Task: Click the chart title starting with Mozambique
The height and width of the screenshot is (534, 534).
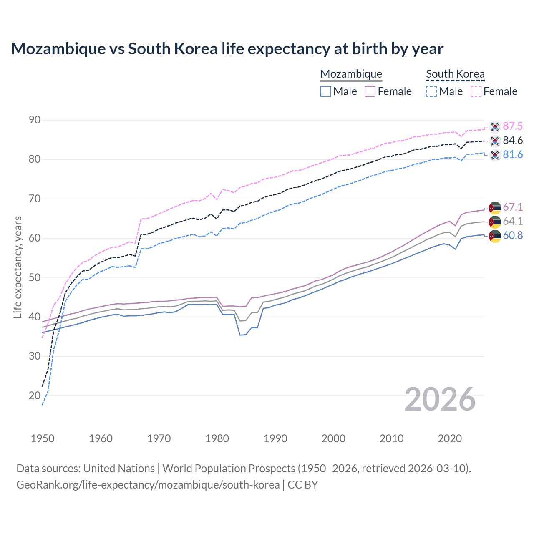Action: coord(227,49)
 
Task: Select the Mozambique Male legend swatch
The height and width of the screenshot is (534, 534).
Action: coord(326,91)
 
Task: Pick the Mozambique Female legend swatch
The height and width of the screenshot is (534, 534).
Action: coord(370,91)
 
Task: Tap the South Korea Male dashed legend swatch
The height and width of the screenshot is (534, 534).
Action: coord(431,91)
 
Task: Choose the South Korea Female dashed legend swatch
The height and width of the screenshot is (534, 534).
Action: coord(476,91)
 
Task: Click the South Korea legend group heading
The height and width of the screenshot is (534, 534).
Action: coord(455,74)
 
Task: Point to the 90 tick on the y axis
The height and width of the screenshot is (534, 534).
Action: coord(35,120)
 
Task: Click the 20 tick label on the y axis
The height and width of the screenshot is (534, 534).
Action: coord(35,395)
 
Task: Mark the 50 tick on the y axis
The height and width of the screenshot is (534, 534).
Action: coord(35,277)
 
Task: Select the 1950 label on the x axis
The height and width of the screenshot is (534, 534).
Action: coord(43,438)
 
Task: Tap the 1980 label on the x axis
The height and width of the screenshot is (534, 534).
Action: coord(217,438)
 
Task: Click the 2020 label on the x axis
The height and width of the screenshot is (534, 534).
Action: coord(450,438)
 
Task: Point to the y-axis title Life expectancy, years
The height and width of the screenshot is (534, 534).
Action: coord(18,267)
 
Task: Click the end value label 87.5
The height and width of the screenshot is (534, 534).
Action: coord(513,126)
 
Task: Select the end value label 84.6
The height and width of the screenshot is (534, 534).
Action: coord(513,141)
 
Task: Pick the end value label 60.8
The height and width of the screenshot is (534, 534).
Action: coord(513,236)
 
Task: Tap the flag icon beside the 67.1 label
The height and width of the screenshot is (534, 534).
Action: coord(495,208)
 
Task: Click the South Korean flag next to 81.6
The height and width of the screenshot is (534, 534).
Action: coord(495,155)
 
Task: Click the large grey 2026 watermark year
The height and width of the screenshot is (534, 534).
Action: coord(440,399)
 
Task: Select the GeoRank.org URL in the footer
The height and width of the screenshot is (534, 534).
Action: coord(148,485)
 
